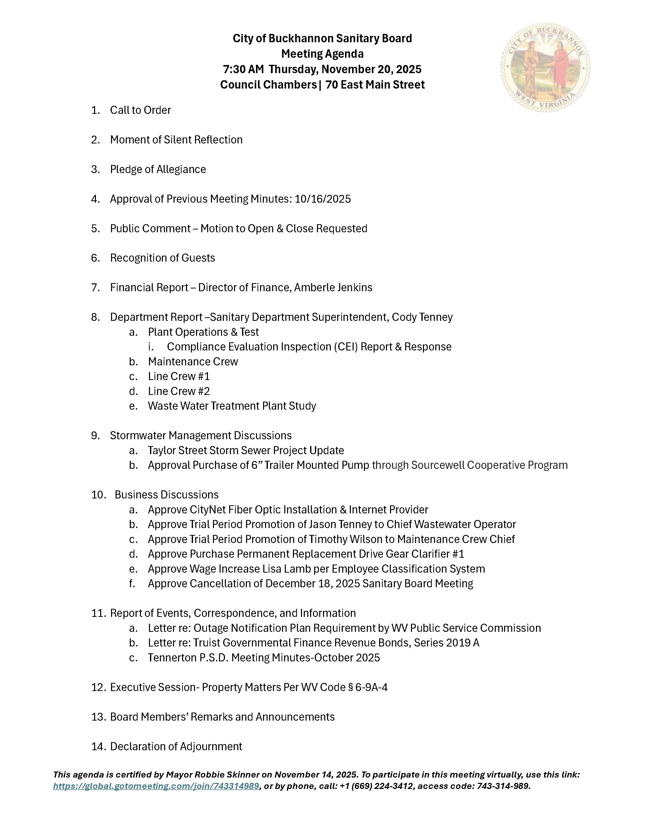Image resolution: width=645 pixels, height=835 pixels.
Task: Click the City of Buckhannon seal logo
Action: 545,68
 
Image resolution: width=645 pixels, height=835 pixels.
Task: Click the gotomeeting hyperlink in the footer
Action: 156,786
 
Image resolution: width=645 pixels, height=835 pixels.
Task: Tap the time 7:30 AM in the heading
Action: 243,69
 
